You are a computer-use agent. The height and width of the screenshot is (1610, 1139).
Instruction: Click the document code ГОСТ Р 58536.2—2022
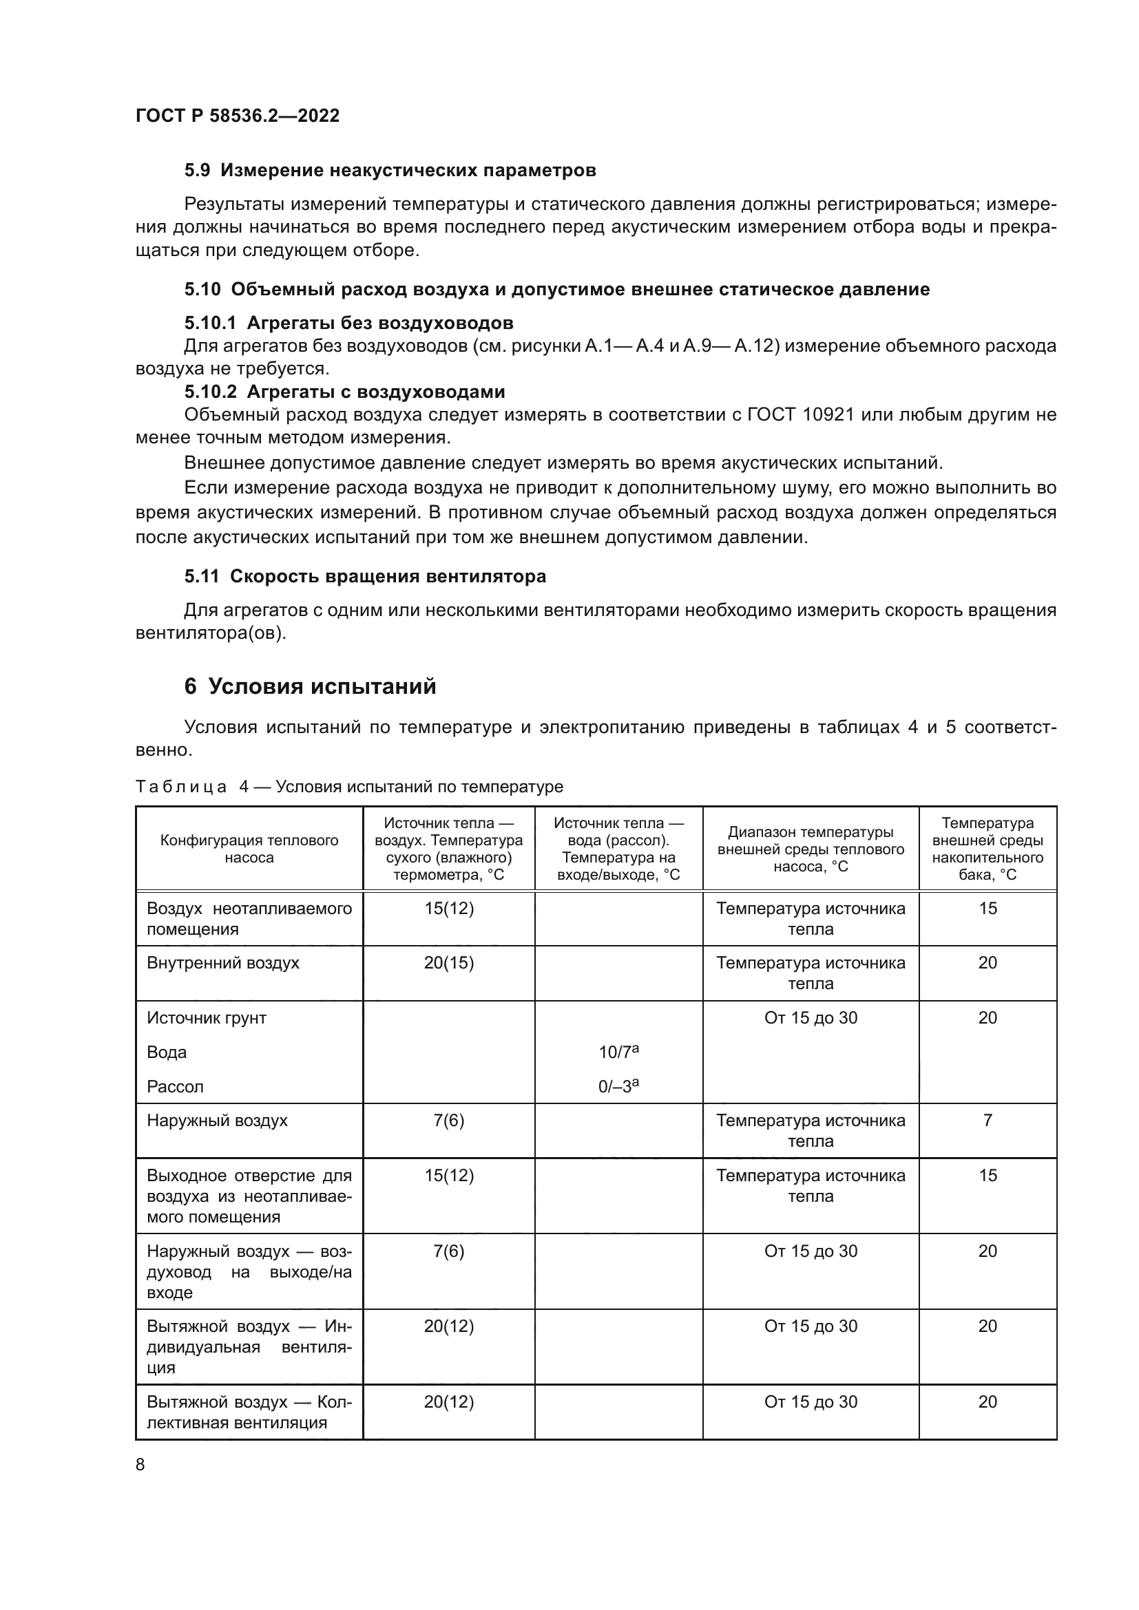click(x=237, y=116)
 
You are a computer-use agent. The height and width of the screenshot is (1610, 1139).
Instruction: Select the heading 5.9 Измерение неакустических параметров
click(x=390, y=171)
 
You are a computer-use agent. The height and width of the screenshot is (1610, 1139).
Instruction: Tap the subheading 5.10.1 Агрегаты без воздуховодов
click(x=348, y=323)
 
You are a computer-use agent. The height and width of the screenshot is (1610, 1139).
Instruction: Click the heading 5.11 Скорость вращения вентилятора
click(x=365, y=576)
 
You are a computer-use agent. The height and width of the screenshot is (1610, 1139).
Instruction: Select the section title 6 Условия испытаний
click(x=310, y=686)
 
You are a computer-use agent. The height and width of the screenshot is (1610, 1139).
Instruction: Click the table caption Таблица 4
click(x=181, y=787)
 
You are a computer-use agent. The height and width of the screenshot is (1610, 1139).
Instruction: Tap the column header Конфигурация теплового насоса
click(x=249, y=849)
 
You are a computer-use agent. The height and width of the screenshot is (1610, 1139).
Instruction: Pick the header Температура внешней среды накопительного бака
click(x=987, y=849)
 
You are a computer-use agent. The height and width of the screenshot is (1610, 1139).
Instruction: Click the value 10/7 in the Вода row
click(x=617, y=1052)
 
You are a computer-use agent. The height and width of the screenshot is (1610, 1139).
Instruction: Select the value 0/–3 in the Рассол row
click(x=617, y=1086)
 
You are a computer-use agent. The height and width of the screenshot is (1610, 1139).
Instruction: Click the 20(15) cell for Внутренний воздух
click(x=449, y=963)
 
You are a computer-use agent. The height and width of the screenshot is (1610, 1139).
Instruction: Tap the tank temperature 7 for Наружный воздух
click(x=987, y=1121)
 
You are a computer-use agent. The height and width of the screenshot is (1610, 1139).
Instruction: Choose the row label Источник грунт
click(x=206, y=1017)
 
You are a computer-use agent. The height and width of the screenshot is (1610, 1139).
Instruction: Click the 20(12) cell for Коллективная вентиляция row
click(x=449, y=1401)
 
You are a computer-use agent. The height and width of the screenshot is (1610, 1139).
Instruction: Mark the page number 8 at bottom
click(x=140, y=1465)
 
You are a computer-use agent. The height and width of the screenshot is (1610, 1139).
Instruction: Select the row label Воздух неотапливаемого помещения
click(x=249, y=919)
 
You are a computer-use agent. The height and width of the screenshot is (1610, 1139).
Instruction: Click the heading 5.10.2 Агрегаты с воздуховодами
click(x=344, y=391)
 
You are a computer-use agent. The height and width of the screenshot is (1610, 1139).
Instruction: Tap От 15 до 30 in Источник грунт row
click(x=810, y=1017)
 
